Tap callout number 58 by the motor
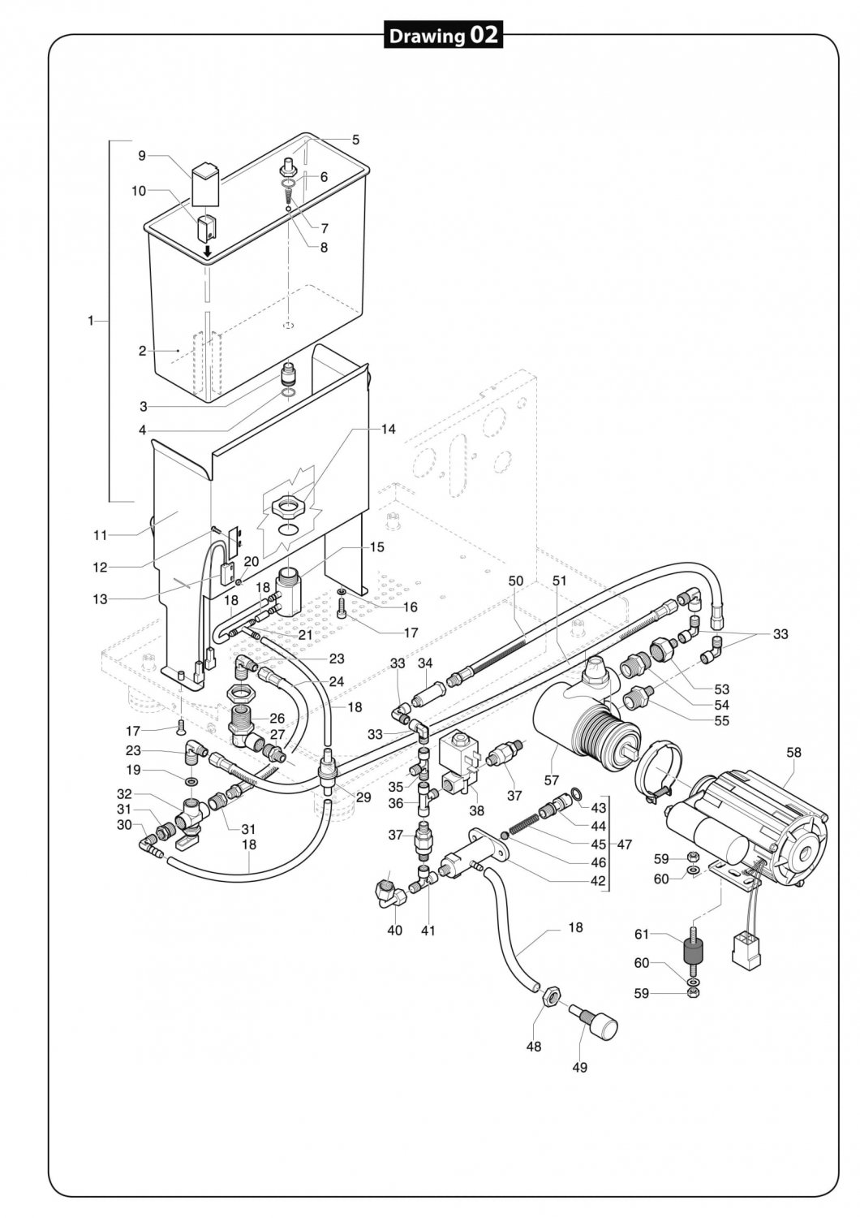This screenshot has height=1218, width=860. pos(793,753)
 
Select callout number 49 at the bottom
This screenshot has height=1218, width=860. pos(580,1067)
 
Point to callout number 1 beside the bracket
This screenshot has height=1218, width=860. pos(91,321)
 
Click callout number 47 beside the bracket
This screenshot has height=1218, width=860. pos(624,844)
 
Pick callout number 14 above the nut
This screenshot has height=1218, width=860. pos(389,429)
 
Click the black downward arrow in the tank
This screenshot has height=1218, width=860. pos(208,252)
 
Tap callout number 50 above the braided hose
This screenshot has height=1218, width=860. pos(516,581)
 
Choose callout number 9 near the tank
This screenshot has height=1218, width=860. pos(141,155)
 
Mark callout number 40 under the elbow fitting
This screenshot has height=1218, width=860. pos(395,931)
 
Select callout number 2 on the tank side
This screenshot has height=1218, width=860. pos(142,352)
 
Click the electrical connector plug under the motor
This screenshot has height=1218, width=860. pos(744,948)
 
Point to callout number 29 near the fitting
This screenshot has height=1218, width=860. pos(363,797)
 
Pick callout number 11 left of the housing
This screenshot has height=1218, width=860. pos(100,534)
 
